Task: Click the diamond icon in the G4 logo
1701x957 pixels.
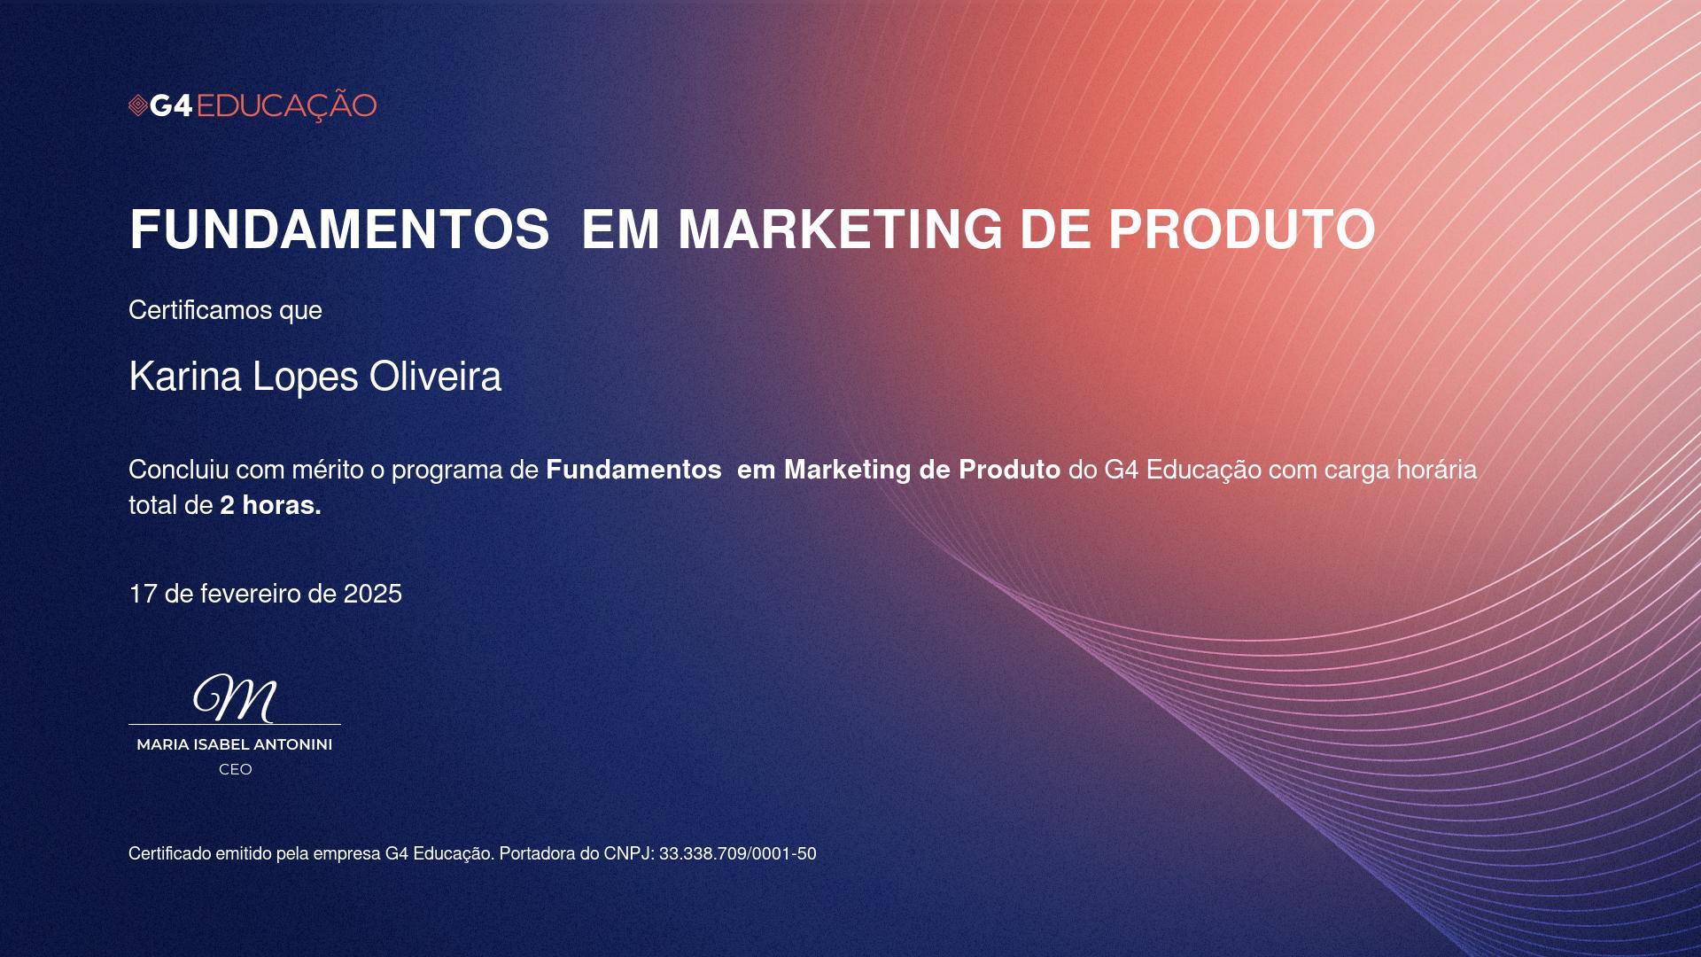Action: [137, 106]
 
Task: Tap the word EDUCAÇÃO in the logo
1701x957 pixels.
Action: [286, 105]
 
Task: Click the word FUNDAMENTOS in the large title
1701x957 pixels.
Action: [339, 230]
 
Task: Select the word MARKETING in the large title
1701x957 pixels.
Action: [840, 230]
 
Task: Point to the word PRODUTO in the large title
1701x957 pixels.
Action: [1242, 230]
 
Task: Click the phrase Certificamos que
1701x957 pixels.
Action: [225, 310]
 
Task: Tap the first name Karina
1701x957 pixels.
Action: [185, 377]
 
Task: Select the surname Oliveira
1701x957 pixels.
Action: [435, 377]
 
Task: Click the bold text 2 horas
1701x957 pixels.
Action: [270, 505]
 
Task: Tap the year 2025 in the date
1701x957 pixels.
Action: [373, 594]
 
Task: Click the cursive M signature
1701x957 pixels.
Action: [235, 697]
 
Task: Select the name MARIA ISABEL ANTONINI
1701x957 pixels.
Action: [235, 745]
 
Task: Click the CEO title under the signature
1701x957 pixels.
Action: [236, 770]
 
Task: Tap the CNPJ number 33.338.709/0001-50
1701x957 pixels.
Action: [738, 854]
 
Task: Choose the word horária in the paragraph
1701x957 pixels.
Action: [1437, 470]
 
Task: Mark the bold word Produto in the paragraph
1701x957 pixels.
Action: [1010, 470]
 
